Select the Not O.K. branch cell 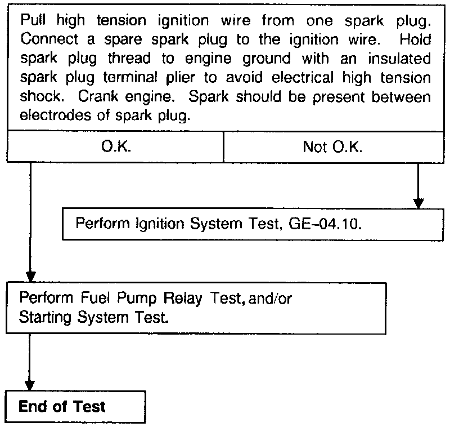tap(332, 148)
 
